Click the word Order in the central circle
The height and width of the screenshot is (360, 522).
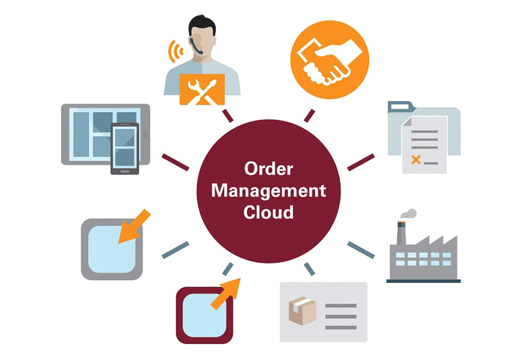pos(268,169)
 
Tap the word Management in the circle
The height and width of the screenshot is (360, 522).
pos(268,191)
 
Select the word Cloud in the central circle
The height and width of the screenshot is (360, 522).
pos(268,213)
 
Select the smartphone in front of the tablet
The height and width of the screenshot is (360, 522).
pos(124,148)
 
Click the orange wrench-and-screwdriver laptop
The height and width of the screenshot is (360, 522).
pos(202,89)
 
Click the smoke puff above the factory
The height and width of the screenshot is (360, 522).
pos(409,213)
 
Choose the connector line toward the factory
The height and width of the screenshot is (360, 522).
pos(361,250)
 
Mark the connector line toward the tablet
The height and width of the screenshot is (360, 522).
pos(175,162)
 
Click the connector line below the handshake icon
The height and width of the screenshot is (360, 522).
pos(309,116)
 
